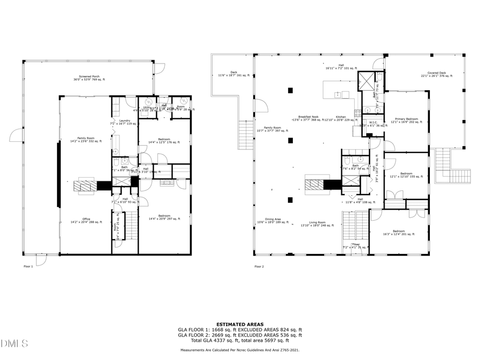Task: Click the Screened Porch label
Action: tap(89, 78)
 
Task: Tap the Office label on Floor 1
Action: tap(86, 220)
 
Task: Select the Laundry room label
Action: tap(125, 122)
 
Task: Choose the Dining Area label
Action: tap(273, 220)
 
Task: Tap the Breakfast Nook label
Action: tap(309, 118)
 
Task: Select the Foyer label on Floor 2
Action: tap(356, 246)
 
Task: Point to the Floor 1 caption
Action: tap(28, 266)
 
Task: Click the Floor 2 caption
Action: tap(259, 266)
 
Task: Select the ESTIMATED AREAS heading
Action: tap(239, 324)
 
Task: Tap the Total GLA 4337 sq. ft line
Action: tap(239, 340)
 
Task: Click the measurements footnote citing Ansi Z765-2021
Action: tap(239, 350)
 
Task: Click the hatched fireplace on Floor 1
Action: tap(84, 186)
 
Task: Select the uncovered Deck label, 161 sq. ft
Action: tap(234, 74)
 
